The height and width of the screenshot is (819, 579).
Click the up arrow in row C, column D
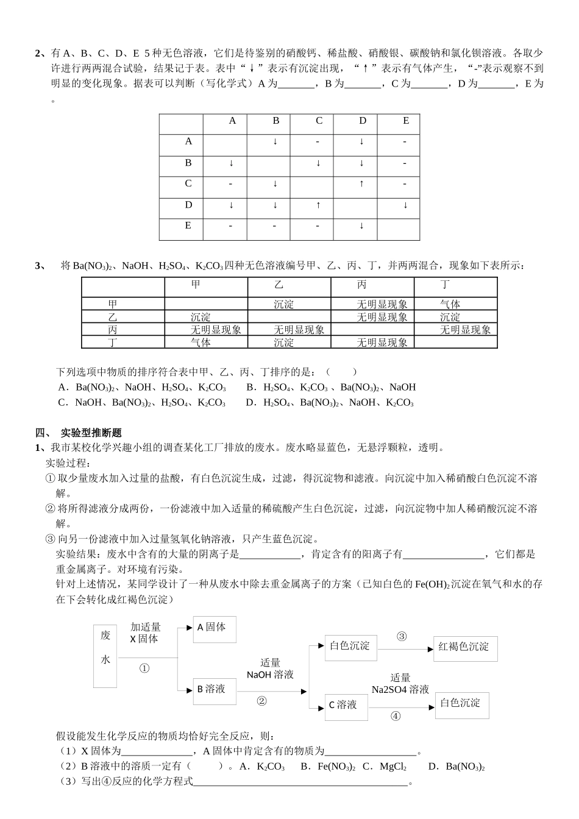click(361, 183)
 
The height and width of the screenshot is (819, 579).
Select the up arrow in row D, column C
click(318, 205)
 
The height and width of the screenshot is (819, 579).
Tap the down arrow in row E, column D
click(361, 226)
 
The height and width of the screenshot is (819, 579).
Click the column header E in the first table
click(406, 121)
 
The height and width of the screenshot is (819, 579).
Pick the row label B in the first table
click(188, 163)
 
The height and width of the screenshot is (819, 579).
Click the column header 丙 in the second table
click(362, 285)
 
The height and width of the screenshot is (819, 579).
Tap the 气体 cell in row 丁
click(201, 342)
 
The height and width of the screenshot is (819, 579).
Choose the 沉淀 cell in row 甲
click(283, 304)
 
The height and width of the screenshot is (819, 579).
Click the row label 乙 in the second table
click(113, 317)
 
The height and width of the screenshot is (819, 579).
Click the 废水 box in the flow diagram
click(105, 656)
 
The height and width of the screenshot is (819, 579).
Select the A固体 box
click(214, 628)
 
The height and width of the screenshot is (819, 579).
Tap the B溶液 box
click(214, 690)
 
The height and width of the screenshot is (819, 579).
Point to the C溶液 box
click(346, 705)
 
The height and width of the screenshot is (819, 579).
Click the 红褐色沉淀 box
click(465, 647)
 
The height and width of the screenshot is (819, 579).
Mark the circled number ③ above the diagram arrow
click(402, 637)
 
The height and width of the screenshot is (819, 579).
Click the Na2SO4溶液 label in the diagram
click(400, 690)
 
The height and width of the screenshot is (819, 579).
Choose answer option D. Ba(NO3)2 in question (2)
click(456, 767)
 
